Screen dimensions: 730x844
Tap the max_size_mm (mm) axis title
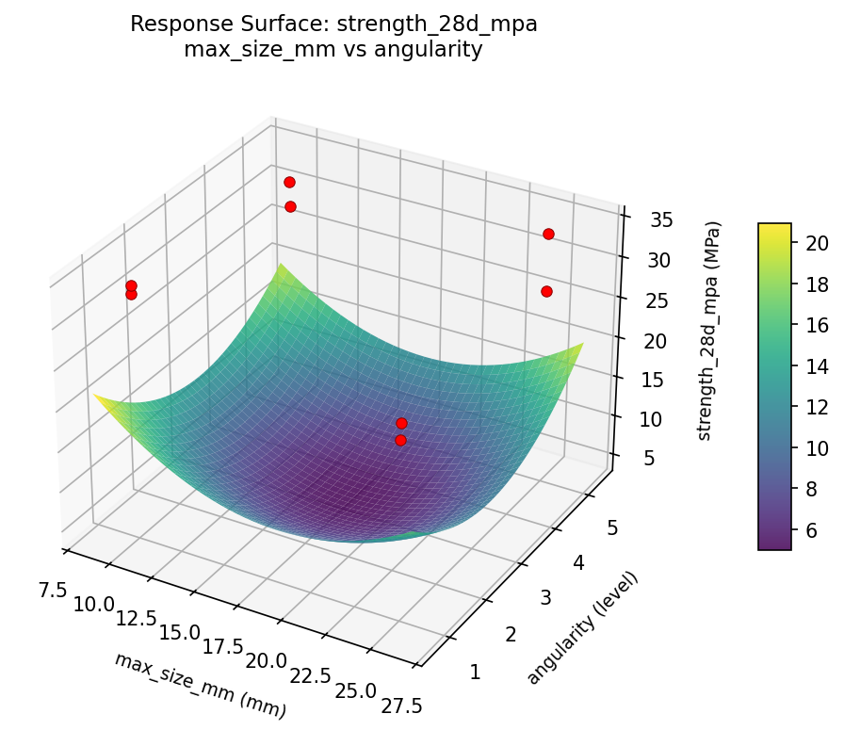click(200, 686)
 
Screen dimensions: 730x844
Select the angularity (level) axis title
click(583, 627)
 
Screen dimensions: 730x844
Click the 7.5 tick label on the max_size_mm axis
click(54, 591)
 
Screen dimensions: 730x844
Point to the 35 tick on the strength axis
click(658, 220)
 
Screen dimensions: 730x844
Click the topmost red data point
click(289, 182)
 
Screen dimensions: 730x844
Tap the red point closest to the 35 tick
click(548, 234)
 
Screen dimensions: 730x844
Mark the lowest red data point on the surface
click(400, 440)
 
